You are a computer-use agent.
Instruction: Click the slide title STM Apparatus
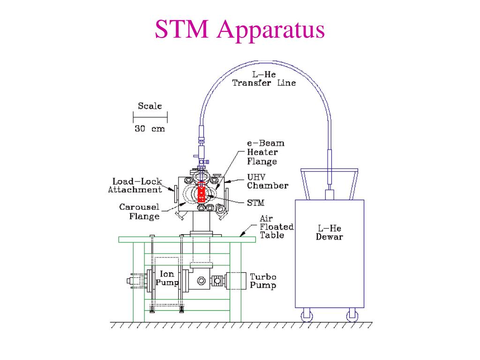point(240,30)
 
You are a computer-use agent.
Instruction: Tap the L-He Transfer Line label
point(264,79)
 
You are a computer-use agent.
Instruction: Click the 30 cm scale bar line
point(150,117)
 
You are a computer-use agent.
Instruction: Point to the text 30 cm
point(150,128)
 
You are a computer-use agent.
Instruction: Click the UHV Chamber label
point(268,181)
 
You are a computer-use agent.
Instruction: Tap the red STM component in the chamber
point(202,192)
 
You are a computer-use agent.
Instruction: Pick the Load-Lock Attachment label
point(135,186)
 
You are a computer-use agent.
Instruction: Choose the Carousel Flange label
point(140,211)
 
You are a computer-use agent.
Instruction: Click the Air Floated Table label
point(277,227)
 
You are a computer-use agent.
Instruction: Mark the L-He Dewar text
point(330,232)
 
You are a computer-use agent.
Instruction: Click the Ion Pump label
point(167,278)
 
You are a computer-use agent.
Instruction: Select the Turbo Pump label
point(263,281)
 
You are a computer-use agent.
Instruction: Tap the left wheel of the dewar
point(307,315)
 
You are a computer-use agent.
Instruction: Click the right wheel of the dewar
point(352,315)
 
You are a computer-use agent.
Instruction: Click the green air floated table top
point(187,240)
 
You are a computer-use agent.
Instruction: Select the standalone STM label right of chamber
point(255,202)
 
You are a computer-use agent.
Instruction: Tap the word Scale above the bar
point(150,106)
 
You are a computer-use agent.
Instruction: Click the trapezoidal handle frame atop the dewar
point(329,170)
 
